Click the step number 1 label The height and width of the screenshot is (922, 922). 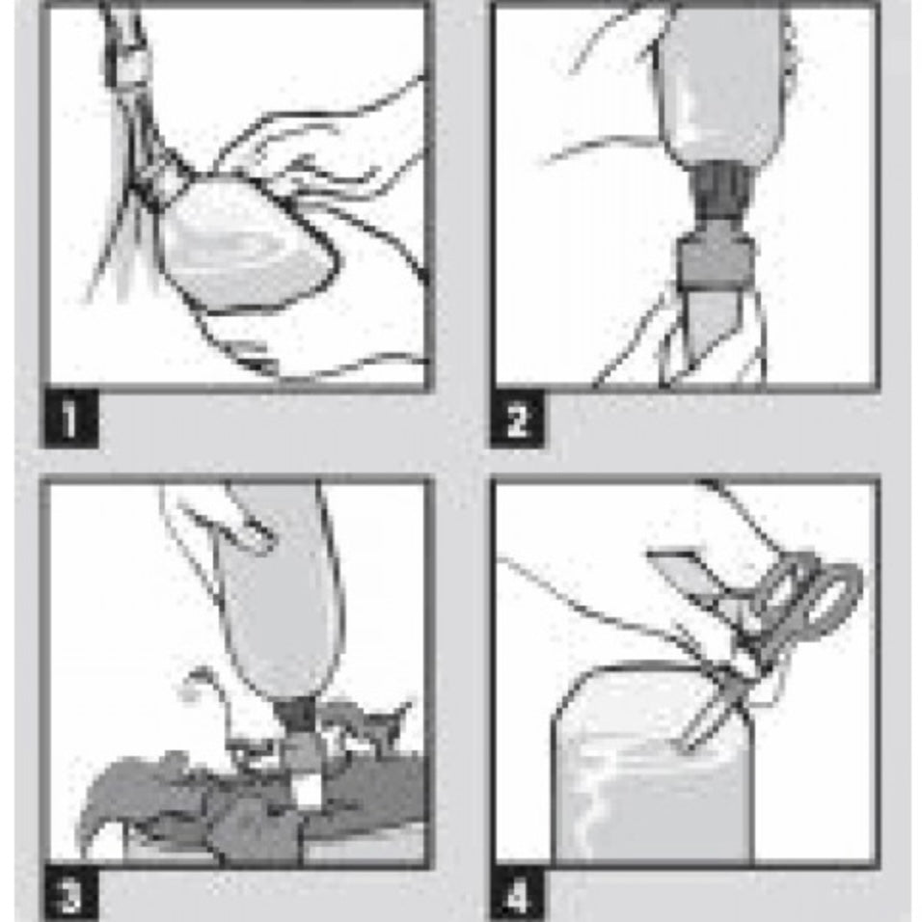[x=70, y=418]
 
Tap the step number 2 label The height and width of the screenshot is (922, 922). [x=517, y=419]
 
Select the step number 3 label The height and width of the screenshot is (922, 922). [x=70, y=894]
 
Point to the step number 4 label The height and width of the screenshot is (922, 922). [x=517, y=894]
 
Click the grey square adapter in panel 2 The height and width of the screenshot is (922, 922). [x=716, y=258]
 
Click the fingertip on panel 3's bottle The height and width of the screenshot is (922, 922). [x=253, y=532]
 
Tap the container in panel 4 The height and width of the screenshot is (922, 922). [x=653, y=765]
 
